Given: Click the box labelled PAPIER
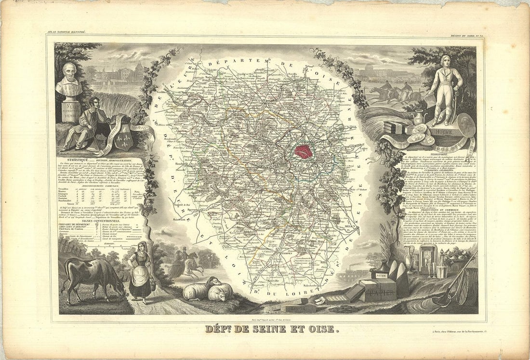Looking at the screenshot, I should coord(378,291).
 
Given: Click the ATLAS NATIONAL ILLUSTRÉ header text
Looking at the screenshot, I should coord(66,32).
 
